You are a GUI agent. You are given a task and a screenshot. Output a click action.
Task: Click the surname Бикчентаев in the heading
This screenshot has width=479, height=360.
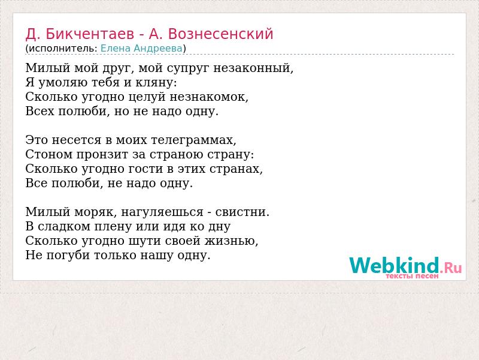click(90, 34)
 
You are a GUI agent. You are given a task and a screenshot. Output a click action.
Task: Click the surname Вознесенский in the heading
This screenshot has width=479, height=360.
click(220, 34)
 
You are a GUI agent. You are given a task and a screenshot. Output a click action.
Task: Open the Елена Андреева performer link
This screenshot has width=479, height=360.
click(141, 49)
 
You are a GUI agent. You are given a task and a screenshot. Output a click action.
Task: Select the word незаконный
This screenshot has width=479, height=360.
click(253, 68)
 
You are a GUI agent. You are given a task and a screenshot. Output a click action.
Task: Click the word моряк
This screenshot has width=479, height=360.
click(96, 212)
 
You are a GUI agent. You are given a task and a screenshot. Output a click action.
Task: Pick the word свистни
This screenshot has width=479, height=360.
click(242, 212)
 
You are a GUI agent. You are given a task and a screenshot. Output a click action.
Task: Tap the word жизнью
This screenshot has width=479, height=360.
click(231, 241)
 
